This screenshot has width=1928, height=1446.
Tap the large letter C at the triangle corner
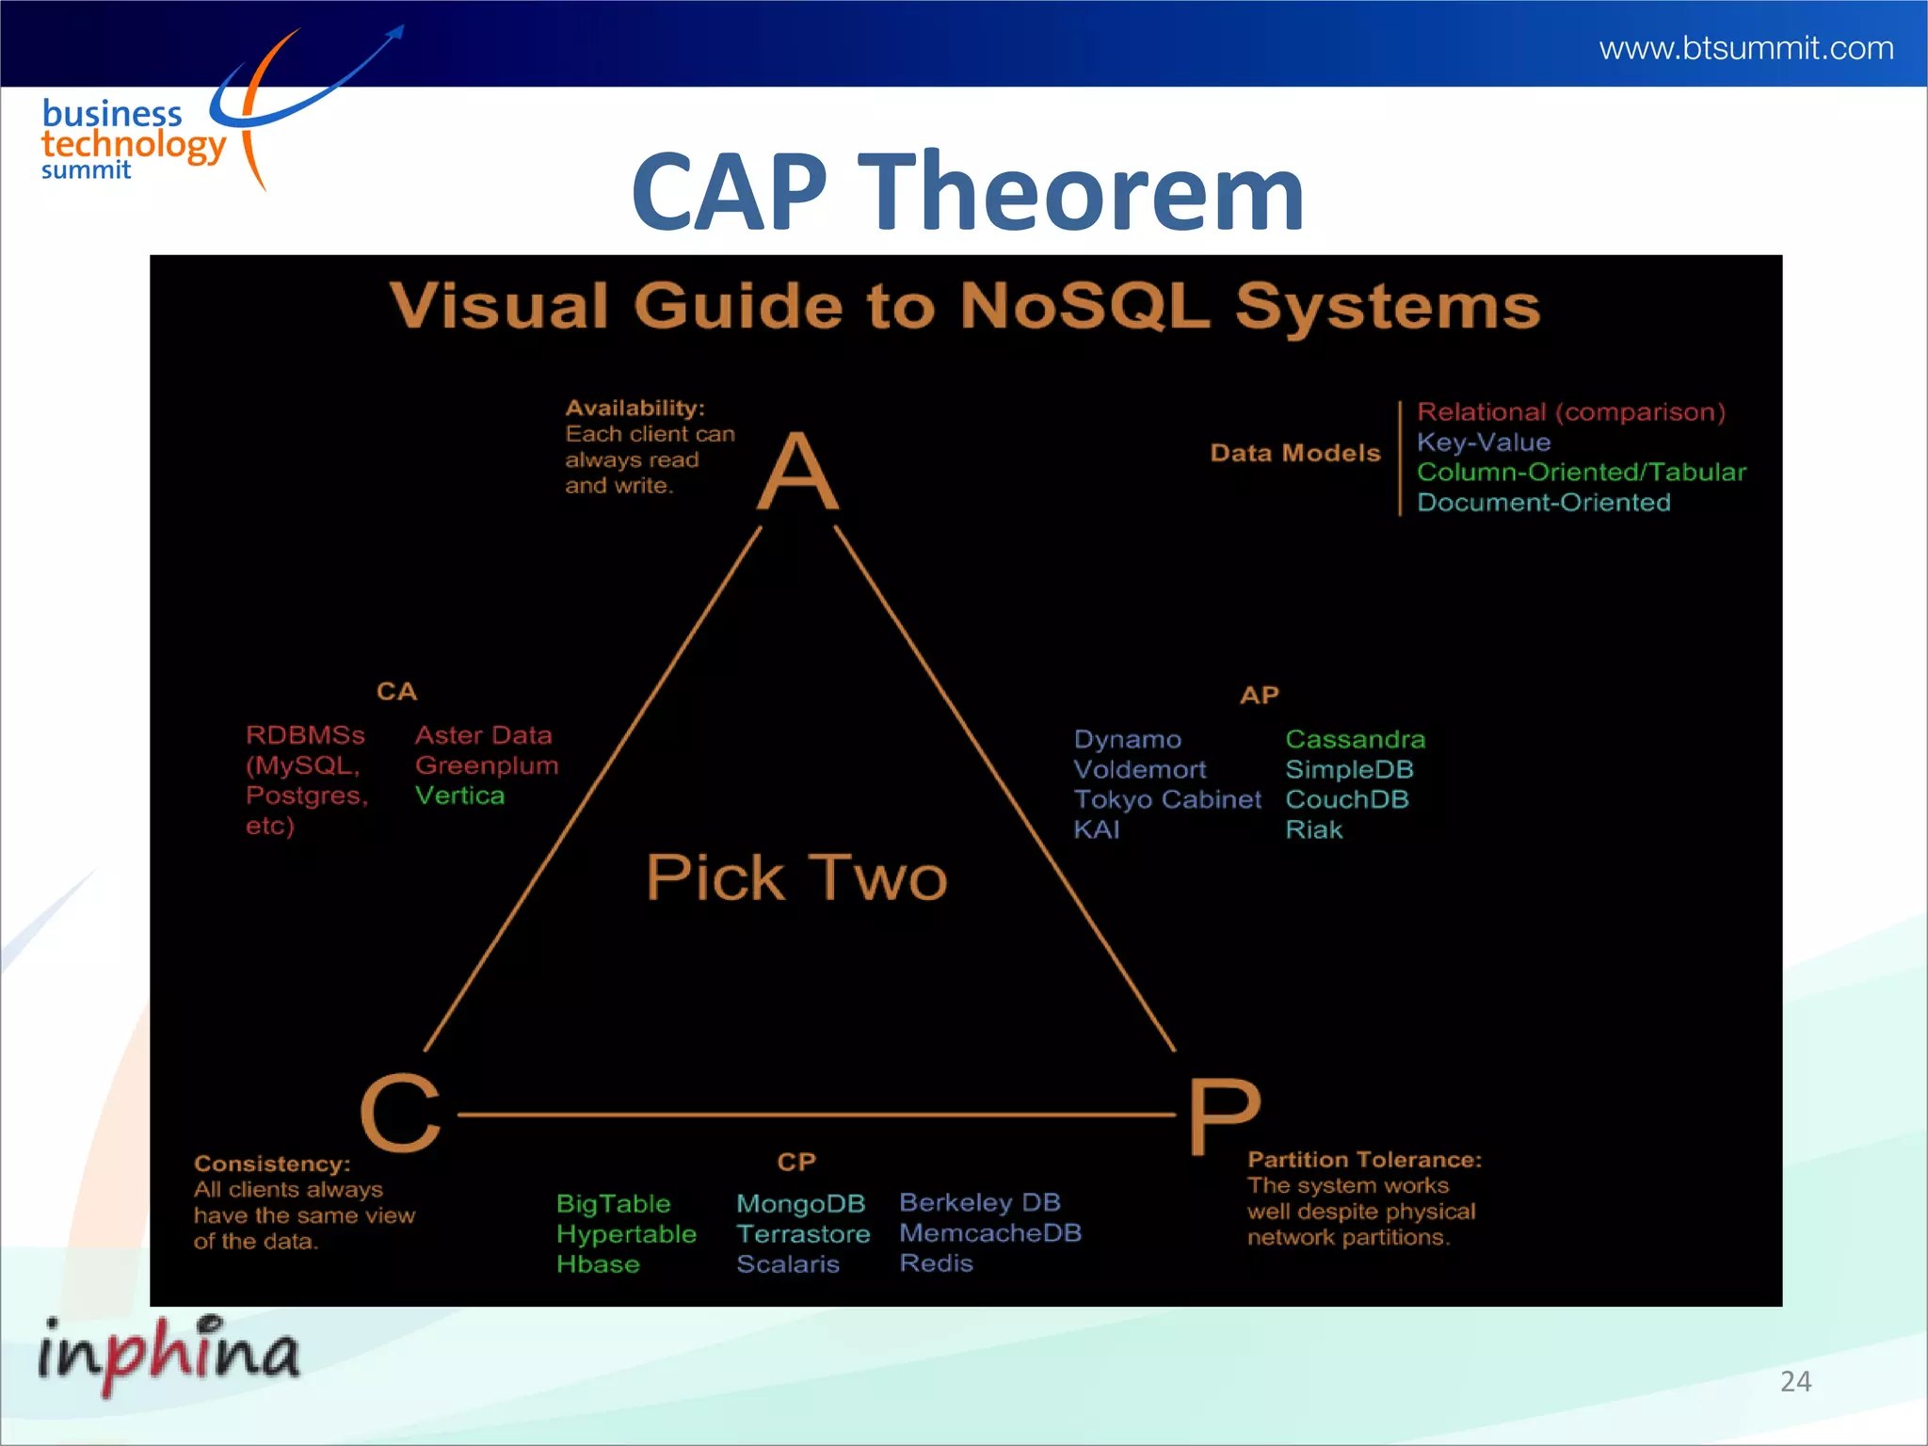click(x=401, y=1113)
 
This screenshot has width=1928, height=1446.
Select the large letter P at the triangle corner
click(x=1223, y=1117)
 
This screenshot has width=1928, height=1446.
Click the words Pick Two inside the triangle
click(x=796, y=877)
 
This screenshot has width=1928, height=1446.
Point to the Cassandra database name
click(x=1355, y=740)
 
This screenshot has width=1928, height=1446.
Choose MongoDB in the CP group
click(x=800, y=1204)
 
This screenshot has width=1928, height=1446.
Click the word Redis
click(x=936, y=1263)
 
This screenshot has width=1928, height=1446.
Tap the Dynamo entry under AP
click(x=1127, y=740)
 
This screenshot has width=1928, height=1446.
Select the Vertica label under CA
click(x=459, y=796)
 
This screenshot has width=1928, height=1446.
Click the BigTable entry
click(x=613, y=1204)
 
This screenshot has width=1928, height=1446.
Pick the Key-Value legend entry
click(x=1483, y=442)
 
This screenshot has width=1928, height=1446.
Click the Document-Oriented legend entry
click(x=1543, y=503)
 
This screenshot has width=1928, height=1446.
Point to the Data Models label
click(x=1294, y=454)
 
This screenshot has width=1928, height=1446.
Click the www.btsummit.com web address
click(x=1745, y=48)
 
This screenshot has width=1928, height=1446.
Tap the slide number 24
click(x=1795, y=1381)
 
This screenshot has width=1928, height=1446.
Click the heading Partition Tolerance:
click(x=1364, y=1160)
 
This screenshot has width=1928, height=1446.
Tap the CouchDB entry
click(x=1346, y=800)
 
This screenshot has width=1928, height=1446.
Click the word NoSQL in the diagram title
click(x=1084, y=306)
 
